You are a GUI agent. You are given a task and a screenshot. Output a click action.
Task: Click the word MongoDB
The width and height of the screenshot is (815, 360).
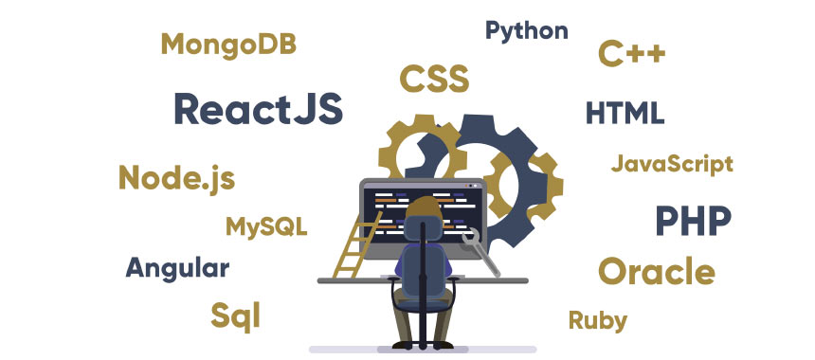click(228, 44)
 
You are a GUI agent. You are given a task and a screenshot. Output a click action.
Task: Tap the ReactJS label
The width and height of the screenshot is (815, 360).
click(258, 110)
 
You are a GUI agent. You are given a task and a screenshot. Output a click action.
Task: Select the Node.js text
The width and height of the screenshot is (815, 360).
click(176, 177)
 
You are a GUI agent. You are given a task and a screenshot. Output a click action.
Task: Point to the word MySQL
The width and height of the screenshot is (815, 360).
click(266, 227)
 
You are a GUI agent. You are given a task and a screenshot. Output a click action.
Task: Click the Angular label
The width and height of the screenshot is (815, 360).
click(177, 268)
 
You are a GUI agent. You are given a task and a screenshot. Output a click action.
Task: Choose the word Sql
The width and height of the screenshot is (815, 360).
click(235, 315)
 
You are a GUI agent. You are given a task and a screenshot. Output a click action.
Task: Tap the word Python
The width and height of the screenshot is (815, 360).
click(526, 30)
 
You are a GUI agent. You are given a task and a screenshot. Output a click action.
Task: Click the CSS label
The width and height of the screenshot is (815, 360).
click(434, 79)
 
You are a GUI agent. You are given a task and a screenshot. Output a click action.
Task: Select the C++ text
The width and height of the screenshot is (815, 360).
click(631, 54)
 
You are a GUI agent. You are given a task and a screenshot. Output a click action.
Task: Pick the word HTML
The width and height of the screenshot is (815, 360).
click(625, 113)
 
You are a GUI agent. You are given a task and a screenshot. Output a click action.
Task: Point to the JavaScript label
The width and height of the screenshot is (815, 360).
click(672, 164)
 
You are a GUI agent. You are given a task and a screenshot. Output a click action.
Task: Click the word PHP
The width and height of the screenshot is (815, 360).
click(693, 222)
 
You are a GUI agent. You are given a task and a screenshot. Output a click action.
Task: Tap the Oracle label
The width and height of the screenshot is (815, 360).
click(656, 272)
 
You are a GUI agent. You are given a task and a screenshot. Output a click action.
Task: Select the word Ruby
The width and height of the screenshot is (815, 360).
click(597, 320)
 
